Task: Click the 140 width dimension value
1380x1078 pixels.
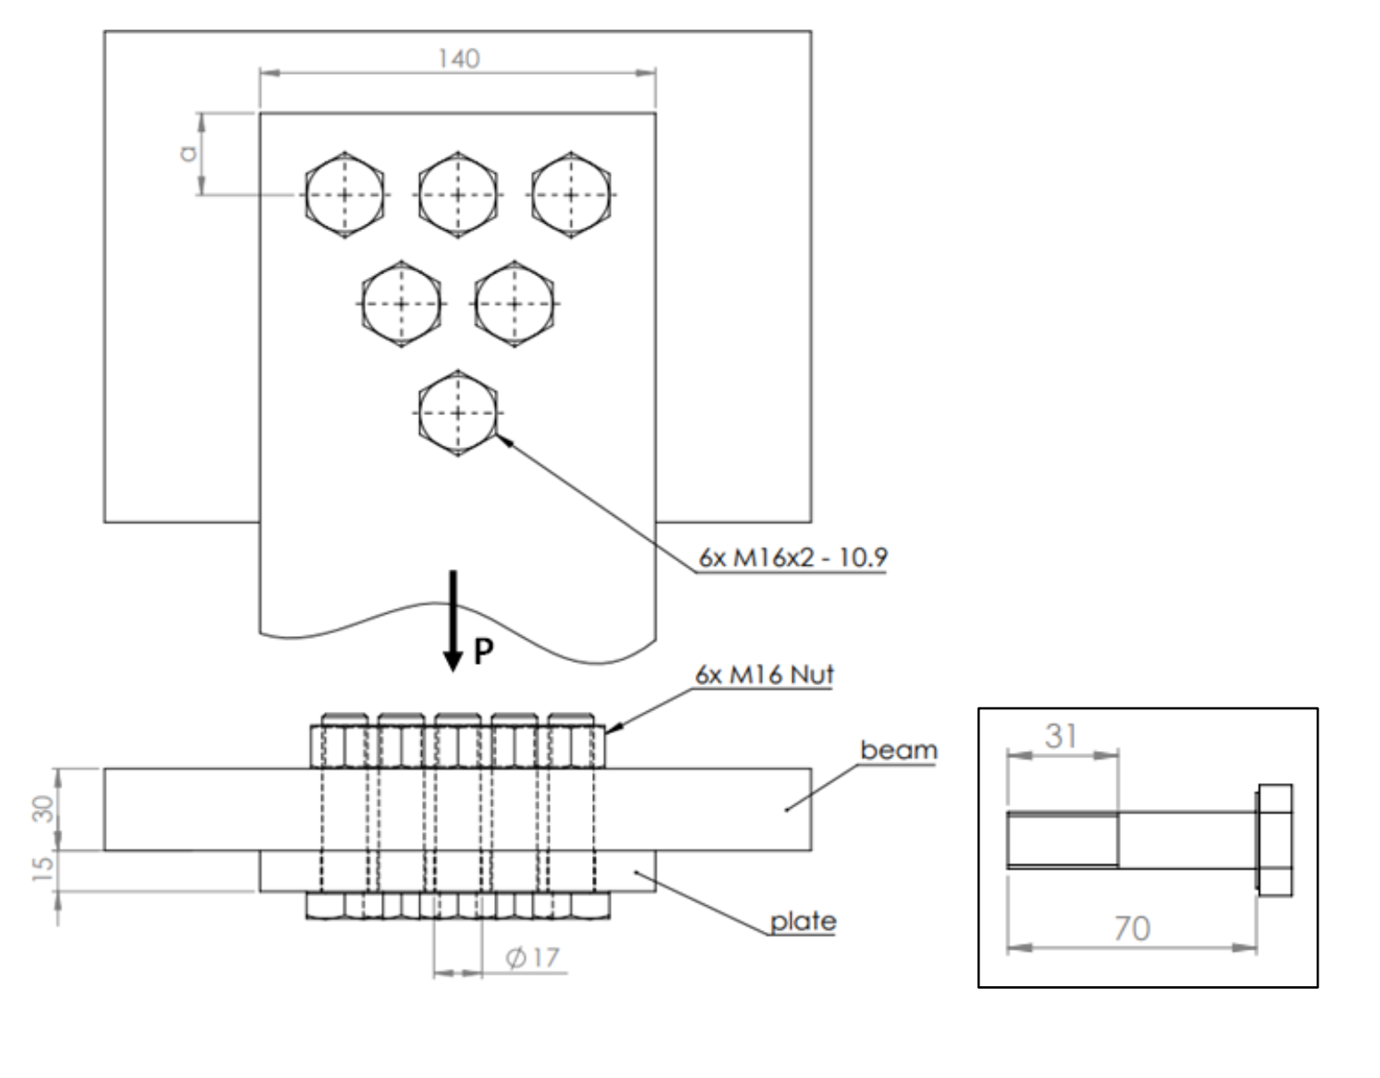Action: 459,59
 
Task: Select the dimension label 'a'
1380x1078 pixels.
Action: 188,153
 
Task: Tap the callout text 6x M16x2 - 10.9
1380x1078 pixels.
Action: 792,558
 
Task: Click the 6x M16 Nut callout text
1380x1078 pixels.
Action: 764,674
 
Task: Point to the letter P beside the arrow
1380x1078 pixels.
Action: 483,652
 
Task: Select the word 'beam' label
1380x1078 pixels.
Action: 898,750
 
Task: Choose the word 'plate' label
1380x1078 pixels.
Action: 803,920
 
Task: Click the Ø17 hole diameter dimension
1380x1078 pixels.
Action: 532,958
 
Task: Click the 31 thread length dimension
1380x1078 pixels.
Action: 1061,736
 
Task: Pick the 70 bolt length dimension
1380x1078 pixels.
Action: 1132,929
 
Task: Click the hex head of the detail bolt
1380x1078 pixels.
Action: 1275,839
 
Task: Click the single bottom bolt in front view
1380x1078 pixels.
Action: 458,413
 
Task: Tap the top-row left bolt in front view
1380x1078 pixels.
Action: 345,194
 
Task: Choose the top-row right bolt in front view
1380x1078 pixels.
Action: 571,194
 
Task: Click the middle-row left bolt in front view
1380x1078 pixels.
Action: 401,304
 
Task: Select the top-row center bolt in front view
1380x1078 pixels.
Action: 458,194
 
